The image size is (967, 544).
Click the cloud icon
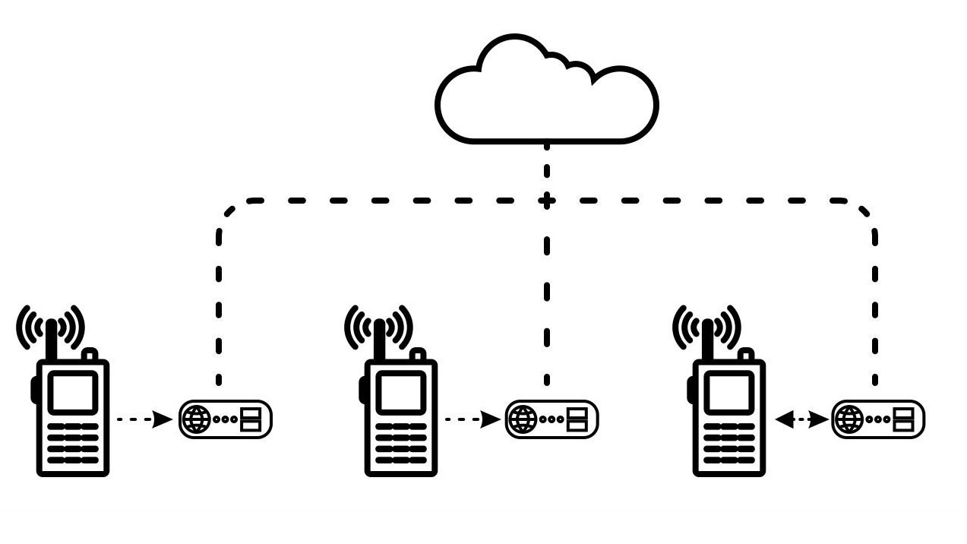click(x=546, y=95)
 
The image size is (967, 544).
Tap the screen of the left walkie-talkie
click(x=73, y=392)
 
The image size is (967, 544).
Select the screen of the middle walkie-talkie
click(x=401, y=392)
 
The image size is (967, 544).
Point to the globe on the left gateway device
click(x=195, y=419)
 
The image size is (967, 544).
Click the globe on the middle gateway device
click(x=523, y=419)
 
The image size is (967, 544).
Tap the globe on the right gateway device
click(x=849, y=419)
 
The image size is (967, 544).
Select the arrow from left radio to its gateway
click(x=144, y=419)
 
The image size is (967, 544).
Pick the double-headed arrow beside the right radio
click(x=801, y=419)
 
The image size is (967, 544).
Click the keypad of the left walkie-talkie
click(x=73, y=444)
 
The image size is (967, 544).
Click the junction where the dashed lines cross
click(x=546, y=201)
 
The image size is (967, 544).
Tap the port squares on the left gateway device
click(x=251, y=419)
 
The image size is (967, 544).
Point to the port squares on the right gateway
click(x=904, y=419)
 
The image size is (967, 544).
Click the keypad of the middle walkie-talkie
click(x=401, y=444)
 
